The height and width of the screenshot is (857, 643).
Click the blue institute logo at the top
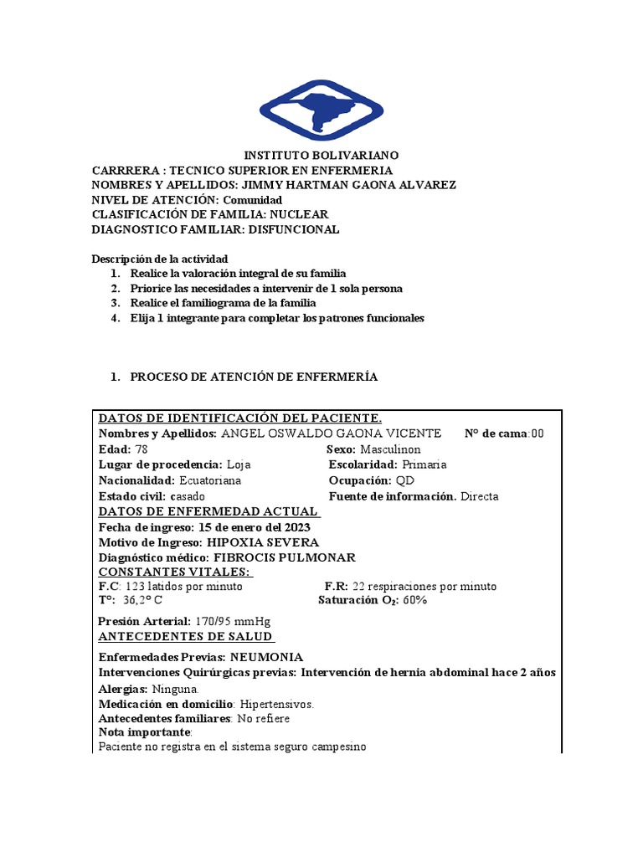pos(321,110)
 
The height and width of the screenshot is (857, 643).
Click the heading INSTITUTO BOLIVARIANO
pos(321,156)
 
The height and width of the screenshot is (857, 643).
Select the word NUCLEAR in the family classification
pos(299,214)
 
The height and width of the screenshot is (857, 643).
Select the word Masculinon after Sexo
pos(391,449)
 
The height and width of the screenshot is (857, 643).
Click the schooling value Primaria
pos(424,464)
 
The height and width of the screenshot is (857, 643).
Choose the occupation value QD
pos(404,480)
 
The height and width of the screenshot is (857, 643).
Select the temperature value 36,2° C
pos(142,601)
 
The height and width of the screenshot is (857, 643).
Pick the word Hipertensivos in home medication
pos(277,705)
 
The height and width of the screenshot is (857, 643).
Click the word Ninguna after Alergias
pos(175,690)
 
